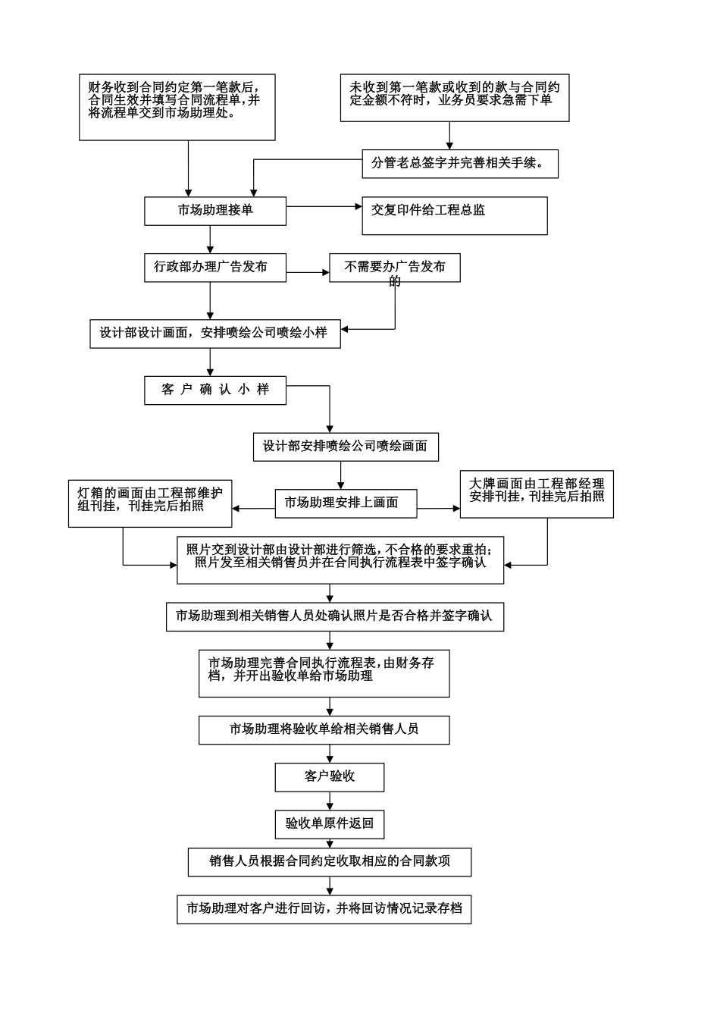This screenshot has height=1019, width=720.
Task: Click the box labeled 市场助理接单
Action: [215, 211]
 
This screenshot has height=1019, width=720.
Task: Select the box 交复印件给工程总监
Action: [455, 215]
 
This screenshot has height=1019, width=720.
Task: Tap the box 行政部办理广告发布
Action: [215, 268]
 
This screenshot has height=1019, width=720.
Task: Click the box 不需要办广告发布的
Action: [394, 268]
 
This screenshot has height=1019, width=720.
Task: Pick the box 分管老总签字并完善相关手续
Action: [460, 164]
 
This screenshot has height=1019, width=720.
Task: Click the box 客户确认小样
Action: [215, 390]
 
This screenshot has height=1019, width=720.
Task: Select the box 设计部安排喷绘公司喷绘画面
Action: [346, 447]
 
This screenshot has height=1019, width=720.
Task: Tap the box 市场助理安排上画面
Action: [346, 502]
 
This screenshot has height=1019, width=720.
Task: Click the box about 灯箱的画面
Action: [150, 503]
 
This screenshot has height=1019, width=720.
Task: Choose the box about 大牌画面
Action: [537, 494]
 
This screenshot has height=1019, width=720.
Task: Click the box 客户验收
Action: [330, 777]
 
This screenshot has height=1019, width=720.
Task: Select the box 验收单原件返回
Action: [330, 823]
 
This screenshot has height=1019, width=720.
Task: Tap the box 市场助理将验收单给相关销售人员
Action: [324, 729]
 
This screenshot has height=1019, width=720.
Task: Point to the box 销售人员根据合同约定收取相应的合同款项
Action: [330, 862]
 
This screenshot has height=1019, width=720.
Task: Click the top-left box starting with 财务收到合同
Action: [177, 107]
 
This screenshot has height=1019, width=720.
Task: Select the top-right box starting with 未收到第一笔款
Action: [455, 98]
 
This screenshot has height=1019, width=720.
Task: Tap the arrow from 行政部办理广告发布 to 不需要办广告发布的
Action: [308, 272]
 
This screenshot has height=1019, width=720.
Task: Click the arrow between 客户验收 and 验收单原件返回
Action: [330, 801]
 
